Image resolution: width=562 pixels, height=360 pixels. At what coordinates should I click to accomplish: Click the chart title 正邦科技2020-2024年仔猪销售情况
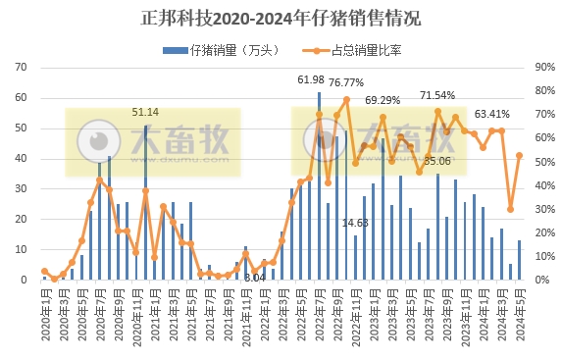pyautogui.click(x=281, y=18)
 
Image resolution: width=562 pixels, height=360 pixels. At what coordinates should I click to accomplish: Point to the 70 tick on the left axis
pyautogui.click(x=20, y=68)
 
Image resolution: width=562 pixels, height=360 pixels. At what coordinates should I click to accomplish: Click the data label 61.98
pyautogui.click(x=310, y=79)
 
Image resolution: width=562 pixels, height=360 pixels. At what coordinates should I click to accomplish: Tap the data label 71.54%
pyautogui.click(x=437, y=95)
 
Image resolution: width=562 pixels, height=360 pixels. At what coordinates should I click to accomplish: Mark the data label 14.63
pyautogui.click(x=355, y=224)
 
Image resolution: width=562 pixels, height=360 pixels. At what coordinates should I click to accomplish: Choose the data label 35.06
pyautogui.click(x=437, y=161)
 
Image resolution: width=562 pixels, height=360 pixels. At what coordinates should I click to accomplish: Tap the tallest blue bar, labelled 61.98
pyautogui.click(x=319, y=186)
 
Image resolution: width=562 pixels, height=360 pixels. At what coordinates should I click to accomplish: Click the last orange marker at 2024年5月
pyautogui.click(x=519, y=155)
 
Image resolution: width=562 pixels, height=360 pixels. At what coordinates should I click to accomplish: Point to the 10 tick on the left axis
pyautogui.click(x=20, y=250)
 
